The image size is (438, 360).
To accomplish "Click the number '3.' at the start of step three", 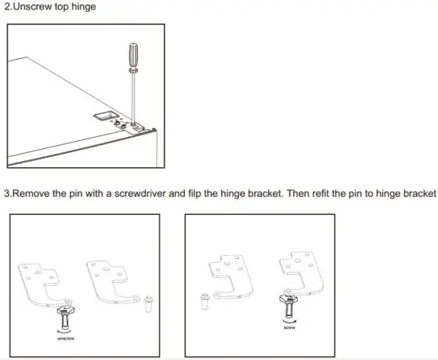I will [9, 194].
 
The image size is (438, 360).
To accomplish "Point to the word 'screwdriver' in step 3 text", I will [146, 194].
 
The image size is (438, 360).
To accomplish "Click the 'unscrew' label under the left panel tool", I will [65, 337].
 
